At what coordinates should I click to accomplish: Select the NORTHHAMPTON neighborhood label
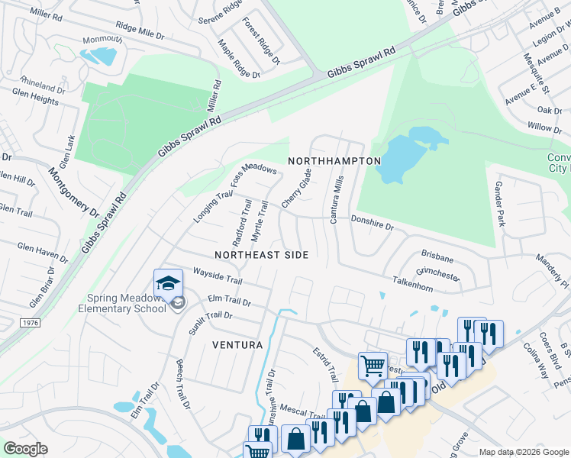click(334, 161)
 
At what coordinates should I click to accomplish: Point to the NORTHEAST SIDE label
click(261, 255)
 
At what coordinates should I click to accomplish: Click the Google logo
click(25, 449)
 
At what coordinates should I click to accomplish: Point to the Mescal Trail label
click(301, 411)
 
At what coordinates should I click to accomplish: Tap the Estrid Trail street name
click(324, 364)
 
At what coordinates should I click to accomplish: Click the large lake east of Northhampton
click(405, 156)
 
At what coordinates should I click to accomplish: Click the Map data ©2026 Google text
click(523, 452)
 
